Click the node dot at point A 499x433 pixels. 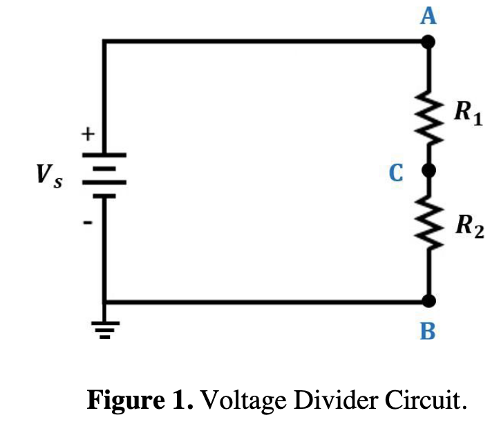pos(429,42)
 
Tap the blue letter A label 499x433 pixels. pos(429,15)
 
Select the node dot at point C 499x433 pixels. pos(429,170)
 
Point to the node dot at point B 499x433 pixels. pos(429,301)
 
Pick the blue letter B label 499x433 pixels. pos(429,332)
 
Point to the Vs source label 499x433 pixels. pos(49,177)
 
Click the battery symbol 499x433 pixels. pos(104,175)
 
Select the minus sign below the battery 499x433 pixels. pos(88,222)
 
